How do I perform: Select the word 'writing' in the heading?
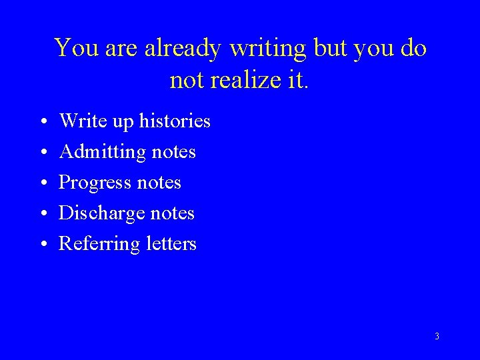pos(267,49)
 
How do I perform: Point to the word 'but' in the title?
pos(327,49)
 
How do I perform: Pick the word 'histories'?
pos(175,121)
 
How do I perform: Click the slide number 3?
pos(437,337)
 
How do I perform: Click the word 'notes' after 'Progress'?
pos(161,183)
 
